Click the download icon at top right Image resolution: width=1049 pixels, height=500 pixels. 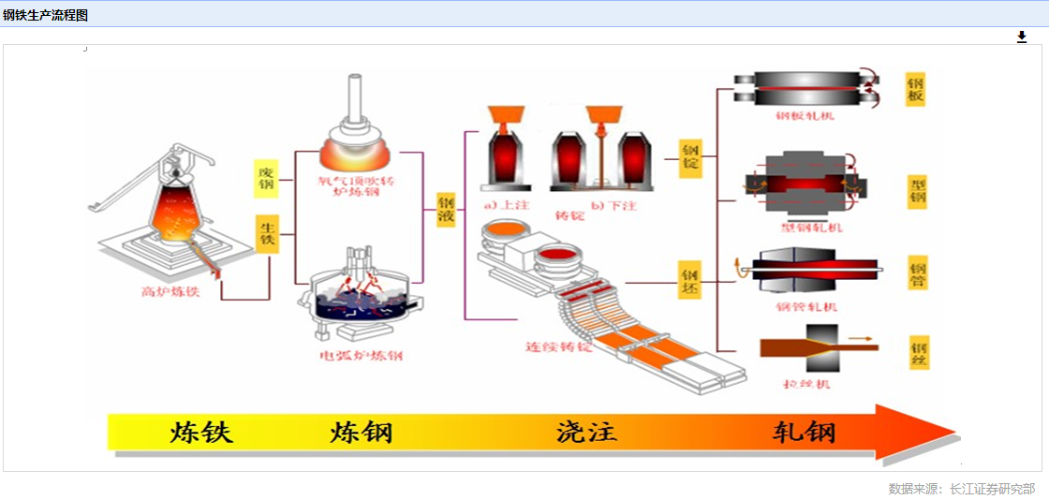[1022, 37]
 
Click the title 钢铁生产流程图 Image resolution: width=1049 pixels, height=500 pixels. [45, 15]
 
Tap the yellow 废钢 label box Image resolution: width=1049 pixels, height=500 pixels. [267, 178]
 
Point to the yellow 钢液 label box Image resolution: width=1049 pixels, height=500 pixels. [447, 210]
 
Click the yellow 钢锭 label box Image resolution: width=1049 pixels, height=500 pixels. [690, 158]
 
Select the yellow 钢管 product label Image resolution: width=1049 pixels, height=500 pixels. [918, 272]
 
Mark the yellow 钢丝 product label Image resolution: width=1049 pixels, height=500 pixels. [919, 351]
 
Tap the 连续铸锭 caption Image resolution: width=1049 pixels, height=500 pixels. [559, 346]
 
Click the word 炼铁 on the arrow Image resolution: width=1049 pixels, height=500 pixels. [200, 433]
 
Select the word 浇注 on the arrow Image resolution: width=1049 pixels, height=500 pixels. [586, 433]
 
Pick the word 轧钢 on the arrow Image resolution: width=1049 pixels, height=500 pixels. [804, 433]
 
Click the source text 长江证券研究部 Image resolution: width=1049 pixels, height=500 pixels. [992, 489]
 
